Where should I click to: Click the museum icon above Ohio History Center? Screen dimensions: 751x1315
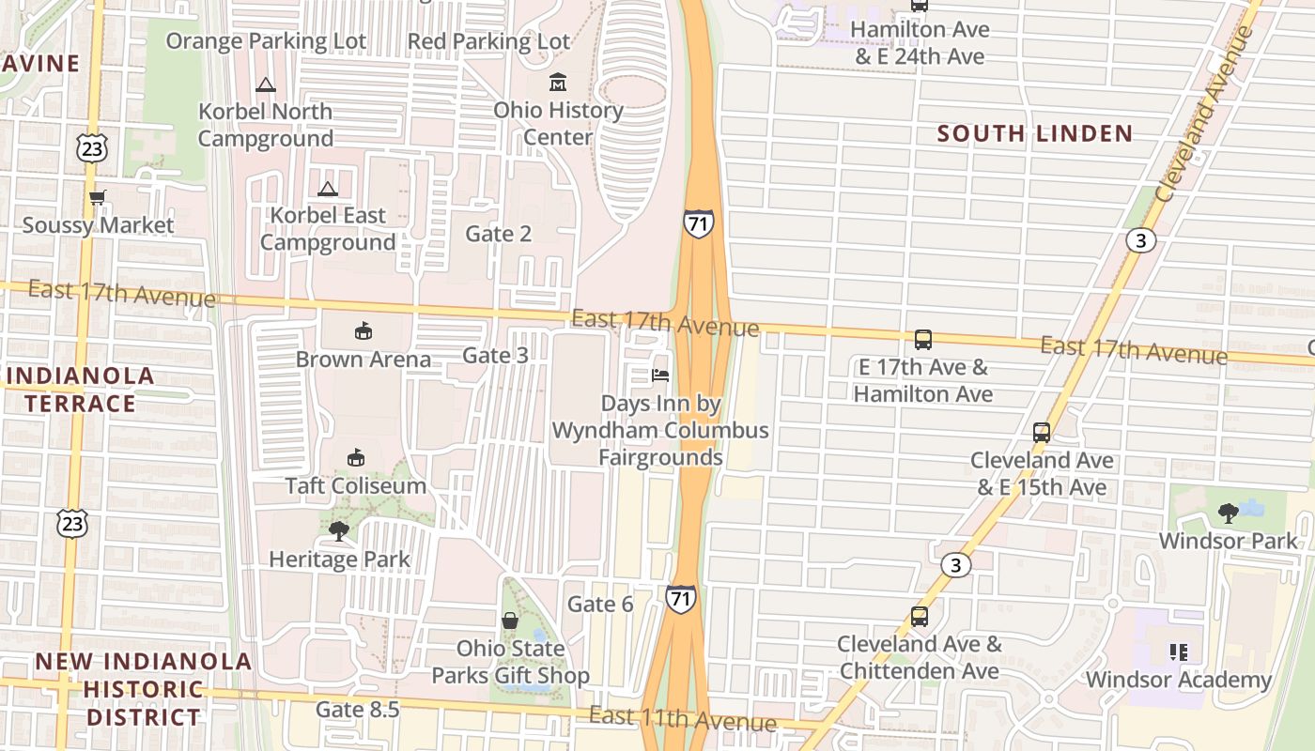(558, 83)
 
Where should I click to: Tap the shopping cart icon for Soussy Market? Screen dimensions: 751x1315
(97, 197)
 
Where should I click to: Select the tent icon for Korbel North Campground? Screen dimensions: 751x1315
(266, 84)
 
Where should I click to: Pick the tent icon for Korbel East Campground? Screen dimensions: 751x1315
(327, 189)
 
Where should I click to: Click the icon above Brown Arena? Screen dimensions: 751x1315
(364, 330)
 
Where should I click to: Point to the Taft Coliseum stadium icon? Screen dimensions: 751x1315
(356, 458)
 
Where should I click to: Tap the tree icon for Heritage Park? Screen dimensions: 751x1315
(339, 531)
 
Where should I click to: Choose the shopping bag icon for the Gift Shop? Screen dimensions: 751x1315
(510, 621)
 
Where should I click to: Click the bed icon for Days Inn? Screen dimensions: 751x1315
(660, 375)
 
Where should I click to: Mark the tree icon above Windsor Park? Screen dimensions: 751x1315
(1228, 513)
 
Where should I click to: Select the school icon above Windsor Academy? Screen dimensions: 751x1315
(1179, 651)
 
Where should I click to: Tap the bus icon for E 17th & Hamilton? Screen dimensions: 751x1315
(922, 340)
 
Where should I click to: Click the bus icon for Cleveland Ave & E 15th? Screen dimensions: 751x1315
(1041, 433)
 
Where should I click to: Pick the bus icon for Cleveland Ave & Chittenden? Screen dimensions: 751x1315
(919, 617)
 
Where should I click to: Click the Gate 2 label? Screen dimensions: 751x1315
(498, 234)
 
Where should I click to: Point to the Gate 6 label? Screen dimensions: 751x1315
(600, 604)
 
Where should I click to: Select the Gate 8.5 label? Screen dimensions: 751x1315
(358, 709)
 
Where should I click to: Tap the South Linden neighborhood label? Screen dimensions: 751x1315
(1035, 133)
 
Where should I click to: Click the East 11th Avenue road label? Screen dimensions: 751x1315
(682, 719)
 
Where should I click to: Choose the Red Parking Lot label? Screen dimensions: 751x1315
(488, 41)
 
